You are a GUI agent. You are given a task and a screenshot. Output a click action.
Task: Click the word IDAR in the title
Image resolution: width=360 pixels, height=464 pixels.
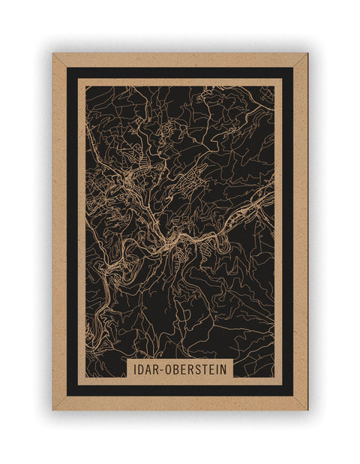[x=148, y=369]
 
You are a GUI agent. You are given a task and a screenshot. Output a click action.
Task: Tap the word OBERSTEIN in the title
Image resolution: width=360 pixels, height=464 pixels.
[x=194, y=369]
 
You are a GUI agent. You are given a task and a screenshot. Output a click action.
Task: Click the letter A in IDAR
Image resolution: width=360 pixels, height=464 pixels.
[x=150, y=369]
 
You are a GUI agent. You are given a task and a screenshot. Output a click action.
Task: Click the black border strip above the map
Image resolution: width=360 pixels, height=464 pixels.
[x=180, y=73]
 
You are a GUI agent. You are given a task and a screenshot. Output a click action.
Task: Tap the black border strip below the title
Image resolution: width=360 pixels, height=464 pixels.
[x=180, y=390]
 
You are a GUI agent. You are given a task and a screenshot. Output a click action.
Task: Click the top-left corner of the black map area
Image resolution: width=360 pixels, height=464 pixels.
[x=86, y=86]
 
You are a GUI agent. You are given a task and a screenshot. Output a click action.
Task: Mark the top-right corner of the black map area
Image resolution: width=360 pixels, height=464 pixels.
[x=274, y=86]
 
